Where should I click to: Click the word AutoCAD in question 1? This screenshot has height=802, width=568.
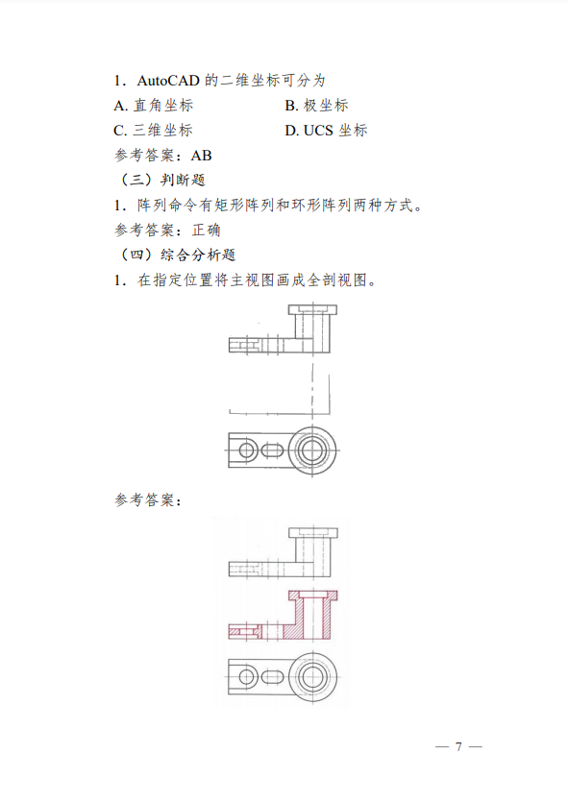[x=168, y=81]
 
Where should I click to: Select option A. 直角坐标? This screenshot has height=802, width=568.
[x=154, y=106]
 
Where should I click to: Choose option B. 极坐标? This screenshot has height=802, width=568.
[x=316, y=106]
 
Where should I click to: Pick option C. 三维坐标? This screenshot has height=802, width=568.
[x=153, y=131]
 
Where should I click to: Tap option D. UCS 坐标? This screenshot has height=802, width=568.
[x=326, y=131]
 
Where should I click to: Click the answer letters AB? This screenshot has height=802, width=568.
[x=201, y=156]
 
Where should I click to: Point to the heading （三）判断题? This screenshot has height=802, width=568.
[x=161, y=180]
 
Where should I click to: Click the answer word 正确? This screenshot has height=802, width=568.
[x=207, y=231]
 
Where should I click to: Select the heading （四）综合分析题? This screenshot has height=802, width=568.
[x=177, y=255]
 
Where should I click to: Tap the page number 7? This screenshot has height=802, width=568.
[x=458, y=746]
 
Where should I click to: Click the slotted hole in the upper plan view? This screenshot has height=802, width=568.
[x=272, y=450]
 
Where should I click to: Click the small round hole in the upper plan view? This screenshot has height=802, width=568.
[x=248, y=450]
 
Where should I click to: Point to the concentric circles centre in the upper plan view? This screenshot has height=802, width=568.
[x=312, y=450]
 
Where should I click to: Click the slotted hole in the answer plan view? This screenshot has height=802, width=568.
[x=272, y=678]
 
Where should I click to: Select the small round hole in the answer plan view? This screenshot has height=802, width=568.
[x=248, y=678]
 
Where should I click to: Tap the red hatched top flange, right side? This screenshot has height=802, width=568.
[x=330, y=595]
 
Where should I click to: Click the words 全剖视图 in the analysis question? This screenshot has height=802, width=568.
[x=336, y=280]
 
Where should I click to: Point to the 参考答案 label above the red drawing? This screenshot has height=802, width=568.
[x=145, y=500]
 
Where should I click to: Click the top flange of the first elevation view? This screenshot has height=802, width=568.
[x=312, y=309]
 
